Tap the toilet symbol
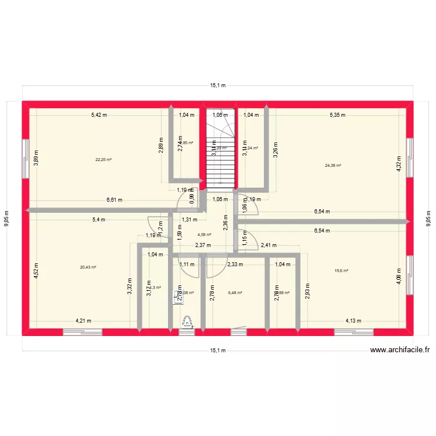[x=188, y=322]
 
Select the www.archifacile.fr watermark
[x=400, y=350]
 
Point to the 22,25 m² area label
[x=104, y=160]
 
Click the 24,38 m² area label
[x=333, y=166]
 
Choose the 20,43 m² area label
[x=88, y=267]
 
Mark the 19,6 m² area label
[x=341, y=270]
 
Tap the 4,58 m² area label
[x=204, y=235]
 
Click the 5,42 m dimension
[x=99, y=115]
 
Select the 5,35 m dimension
[x=337, y=115]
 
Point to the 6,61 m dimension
[x=115, y=200]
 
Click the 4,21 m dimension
[x=84, y=320]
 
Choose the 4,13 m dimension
[x=353, y=320]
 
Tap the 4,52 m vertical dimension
[x=35, y=271]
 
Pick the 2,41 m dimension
[x=268, y=245]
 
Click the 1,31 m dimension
[x=189, y=220]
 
